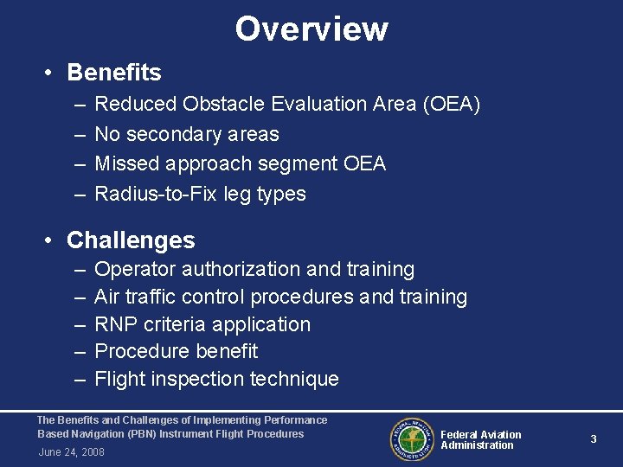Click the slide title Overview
pyautogui.click(x=311, y=29)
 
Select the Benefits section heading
pyautogui.click(x=113, y=72)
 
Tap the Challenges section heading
pyautogui.click(x=131, y=240)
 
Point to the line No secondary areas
pyautogui.click(x=186, y=134)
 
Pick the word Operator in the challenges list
pyautogui.click(x=131, y=270)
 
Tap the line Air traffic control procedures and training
pyautogui.click(x=280, y=297)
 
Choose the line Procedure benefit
pyautogui.click(x=176, y=351)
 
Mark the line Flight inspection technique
pyautogui.click(x=216, y=379)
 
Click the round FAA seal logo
pyautogui.click(x=410, y=439)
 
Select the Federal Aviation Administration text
pyautogui.click(x=480, y=440)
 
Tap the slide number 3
pyautogui.click(x=594, y=439)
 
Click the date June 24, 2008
pyautogui.click(x=71, y=452)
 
